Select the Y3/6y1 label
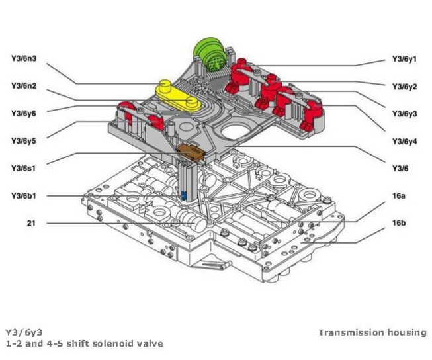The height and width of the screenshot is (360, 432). click(404, 59)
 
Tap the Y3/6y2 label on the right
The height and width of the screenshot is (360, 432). click(404, 86)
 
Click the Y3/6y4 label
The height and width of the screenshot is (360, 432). click(404, 141)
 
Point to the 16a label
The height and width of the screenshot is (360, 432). click(398, 197)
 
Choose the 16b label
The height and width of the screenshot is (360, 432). click(398, 224)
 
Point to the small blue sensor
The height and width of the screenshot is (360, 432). click(184, 196)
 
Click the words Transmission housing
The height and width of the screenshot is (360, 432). click(372, 332)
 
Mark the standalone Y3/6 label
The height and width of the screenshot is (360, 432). click(398, 169)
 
